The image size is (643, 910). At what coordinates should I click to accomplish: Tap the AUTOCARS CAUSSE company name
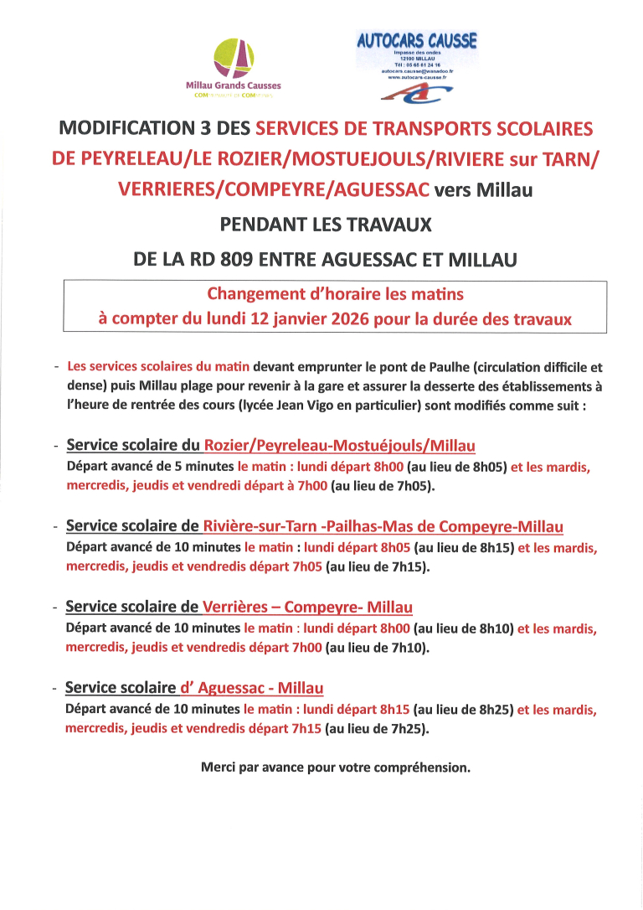417,39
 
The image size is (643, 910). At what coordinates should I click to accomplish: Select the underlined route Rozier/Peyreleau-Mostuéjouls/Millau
340,445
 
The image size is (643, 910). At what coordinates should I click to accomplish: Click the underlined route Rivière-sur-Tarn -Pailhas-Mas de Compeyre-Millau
383,526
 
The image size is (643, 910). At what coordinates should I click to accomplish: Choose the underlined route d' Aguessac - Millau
251,688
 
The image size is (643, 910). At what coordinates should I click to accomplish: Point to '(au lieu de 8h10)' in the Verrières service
463,628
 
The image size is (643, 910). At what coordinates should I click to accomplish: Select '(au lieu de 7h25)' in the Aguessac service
377,729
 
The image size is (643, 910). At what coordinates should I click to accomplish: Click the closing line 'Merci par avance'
336,767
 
